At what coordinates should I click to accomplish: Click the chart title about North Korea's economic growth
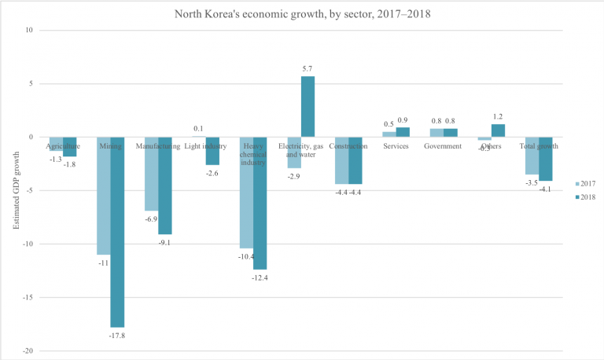point(302,13)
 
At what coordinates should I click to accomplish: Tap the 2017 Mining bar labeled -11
point(103,196)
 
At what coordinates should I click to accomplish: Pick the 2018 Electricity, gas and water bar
point(308,107)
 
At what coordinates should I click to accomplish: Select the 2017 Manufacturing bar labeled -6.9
point(150,174)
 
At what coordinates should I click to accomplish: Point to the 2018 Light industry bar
point(212,151)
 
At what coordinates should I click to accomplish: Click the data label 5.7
point(308,69)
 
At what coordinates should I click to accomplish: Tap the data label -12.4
point(260,277)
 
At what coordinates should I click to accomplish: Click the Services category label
point(396,146)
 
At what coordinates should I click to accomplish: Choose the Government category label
point(444,146)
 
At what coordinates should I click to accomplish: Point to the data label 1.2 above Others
point(498,116)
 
